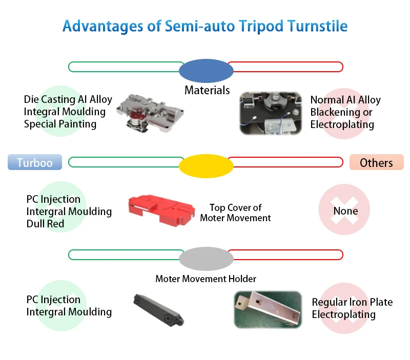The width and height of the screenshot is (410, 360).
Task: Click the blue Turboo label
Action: point(34,162)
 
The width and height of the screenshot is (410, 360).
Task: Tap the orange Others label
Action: point(376,162)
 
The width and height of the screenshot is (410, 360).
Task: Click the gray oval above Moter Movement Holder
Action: point(206,259)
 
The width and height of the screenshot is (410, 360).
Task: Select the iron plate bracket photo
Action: point(267,309)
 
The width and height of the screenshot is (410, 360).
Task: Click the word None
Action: point(345,211)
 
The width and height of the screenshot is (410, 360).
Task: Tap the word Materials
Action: point(207,91)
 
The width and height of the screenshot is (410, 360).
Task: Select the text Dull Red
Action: point(46,224)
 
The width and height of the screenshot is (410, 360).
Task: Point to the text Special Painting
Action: point(60,124)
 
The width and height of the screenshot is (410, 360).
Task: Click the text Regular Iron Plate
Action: point(352,302)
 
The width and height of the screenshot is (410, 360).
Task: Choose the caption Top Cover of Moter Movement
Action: point(235,213)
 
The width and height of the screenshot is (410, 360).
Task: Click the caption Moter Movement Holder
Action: point(206,279)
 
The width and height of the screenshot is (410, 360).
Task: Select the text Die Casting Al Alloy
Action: point(68,99)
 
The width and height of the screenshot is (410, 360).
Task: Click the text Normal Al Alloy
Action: point(345,100)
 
